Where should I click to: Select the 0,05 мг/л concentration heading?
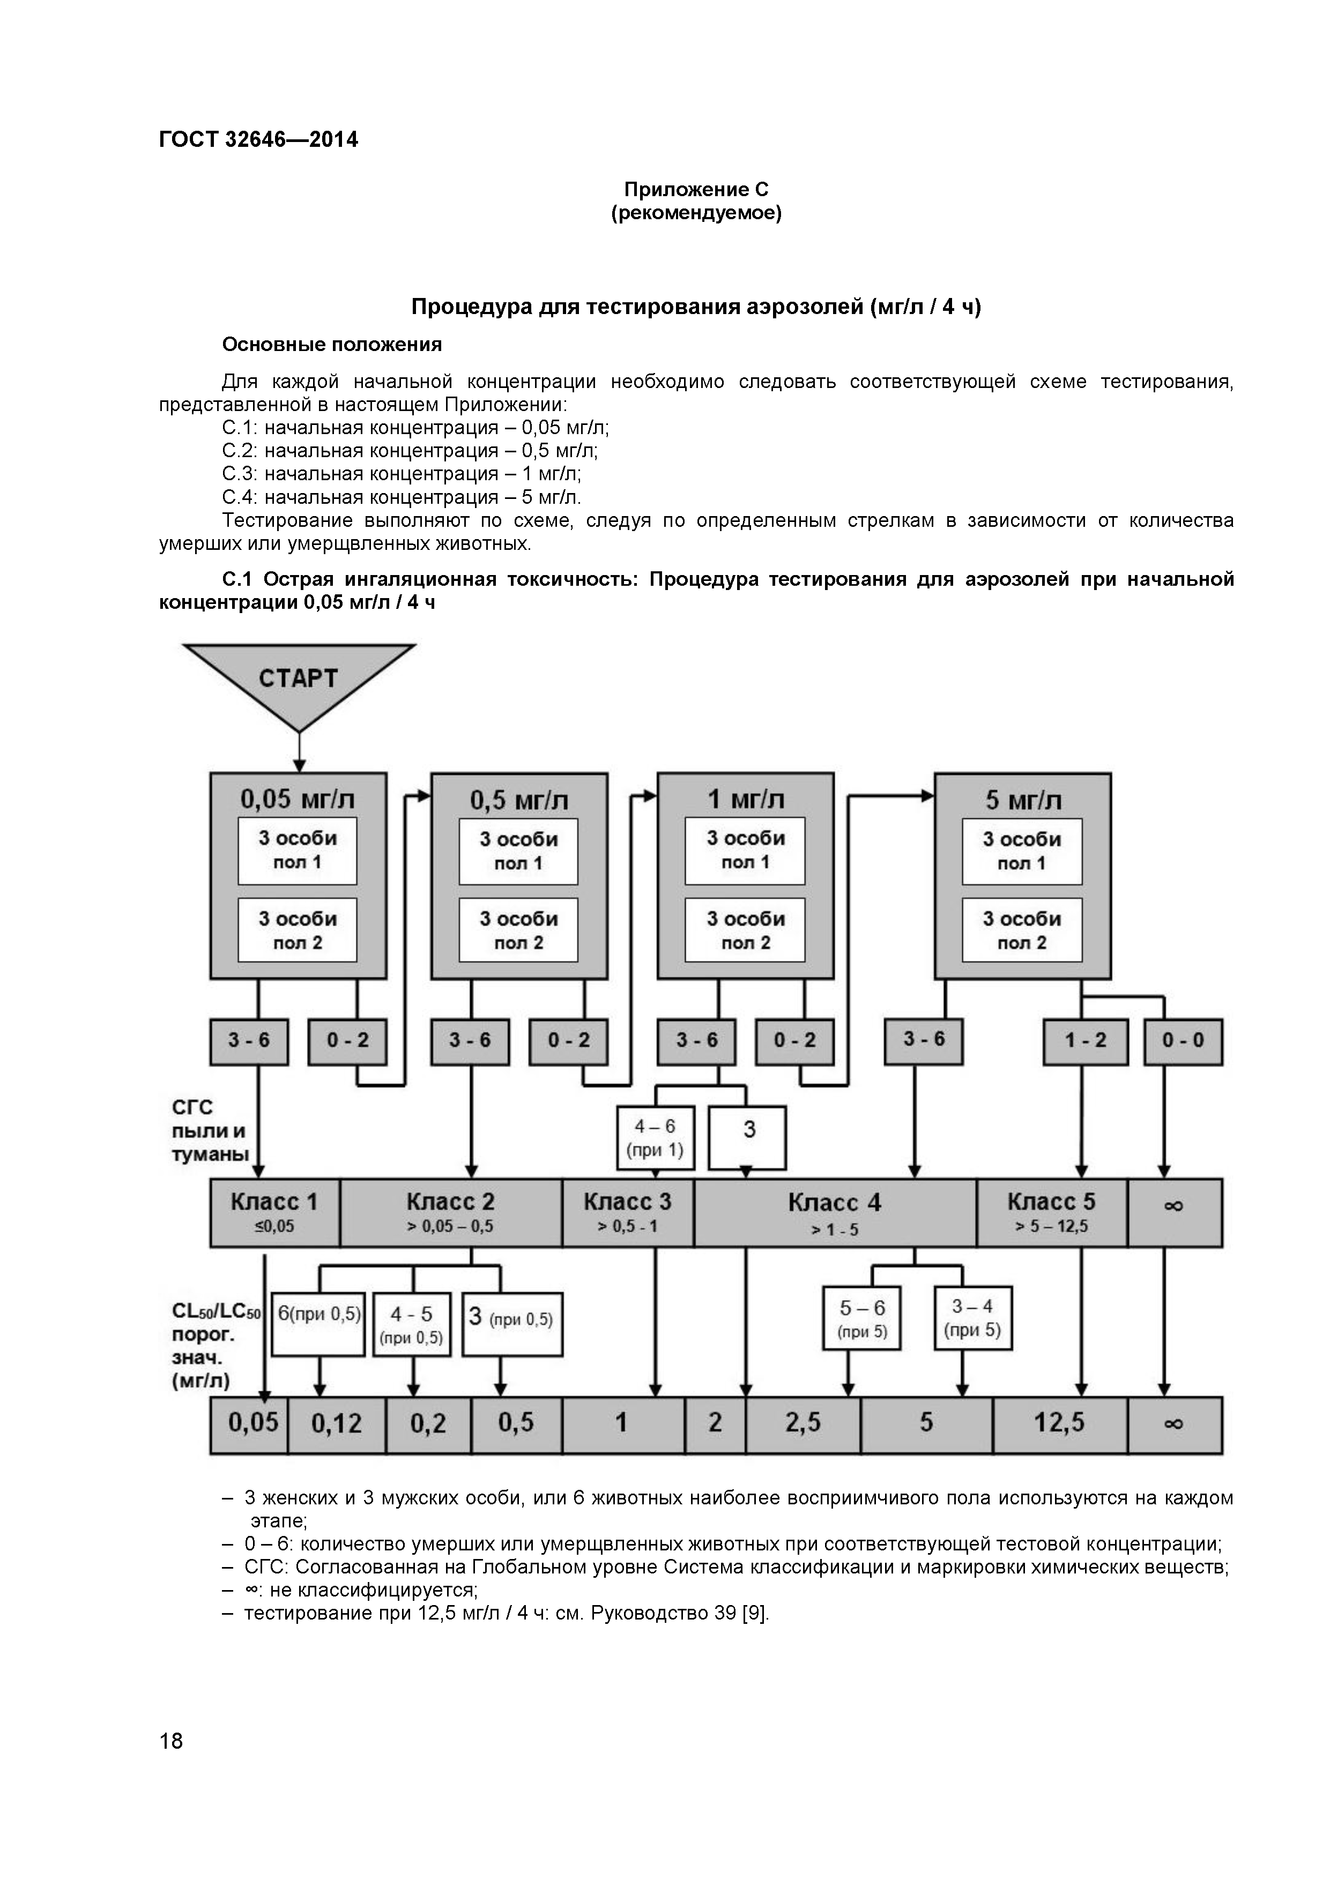click(x=298, y=799)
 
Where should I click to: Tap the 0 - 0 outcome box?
click(x=1183, y=1041)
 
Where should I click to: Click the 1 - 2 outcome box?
click(x=1085, y=1041)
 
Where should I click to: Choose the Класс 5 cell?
click(x=1052, y=1213)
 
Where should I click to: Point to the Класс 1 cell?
click(x=274, y=1213)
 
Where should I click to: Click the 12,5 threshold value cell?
click(x=1060, y=1422)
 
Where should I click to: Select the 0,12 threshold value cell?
click(x=337, y=1423)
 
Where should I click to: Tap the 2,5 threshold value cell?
click(x=803, y=1422)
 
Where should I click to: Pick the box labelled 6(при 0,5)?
click(x=318, y=1324)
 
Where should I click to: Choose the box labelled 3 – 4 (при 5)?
click(x=973, y=1317)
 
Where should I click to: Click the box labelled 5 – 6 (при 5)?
click(x=863, y=1318)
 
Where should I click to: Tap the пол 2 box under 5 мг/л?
click(x=1022, y=930)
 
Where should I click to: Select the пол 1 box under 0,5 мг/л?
click(x=518, y=851)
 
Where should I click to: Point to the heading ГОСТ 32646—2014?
click(x=259, y=139)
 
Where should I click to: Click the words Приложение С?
click(x=696, y=189)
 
